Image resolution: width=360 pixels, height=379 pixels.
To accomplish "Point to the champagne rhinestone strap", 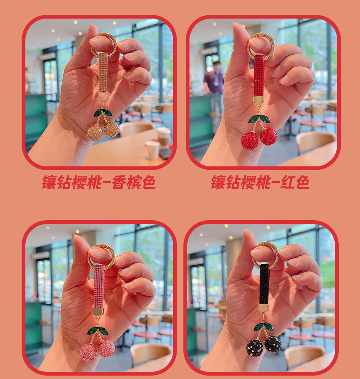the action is (103, 72).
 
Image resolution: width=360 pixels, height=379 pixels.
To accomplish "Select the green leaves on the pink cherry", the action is (97, 330).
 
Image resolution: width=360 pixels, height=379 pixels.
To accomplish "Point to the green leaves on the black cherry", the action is (263, 327).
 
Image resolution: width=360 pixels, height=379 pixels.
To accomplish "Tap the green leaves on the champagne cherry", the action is (103, 113).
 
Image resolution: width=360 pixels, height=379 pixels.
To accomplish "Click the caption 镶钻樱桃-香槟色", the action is (99, 182).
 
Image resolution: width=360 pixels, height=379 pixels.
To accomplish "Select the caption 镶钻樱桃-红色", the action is (260, 182).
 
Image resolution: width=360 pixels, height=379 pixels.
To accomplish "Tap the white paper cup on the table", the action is (153, 150).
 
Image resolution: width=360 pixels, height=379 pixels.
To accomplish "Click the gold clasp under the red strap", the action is (258, 99).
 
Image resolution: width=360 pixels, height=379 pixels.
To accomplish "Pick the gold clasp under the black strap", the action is (263, 308).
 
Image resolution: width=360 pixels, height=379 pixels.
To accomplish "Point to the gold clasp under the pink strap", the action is (98, 312).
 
